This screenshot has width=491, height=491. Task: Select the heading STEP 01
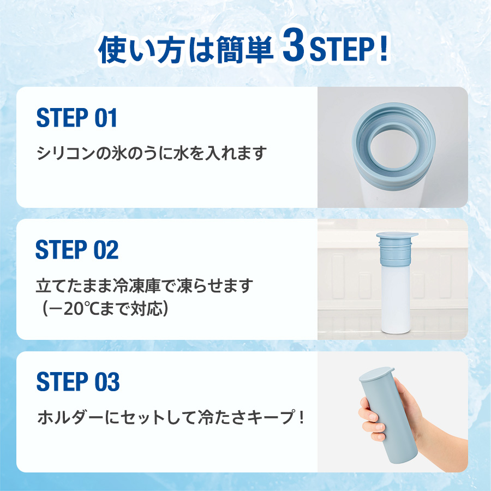tap(76, 118)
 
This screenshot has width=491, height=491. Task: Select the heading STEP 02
tap(77, 249)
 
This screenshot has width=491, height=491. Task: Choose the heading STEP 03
tap(77, 381)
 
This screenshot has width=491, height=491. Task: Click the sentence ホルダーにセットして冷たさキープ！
tap(170, 418)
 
